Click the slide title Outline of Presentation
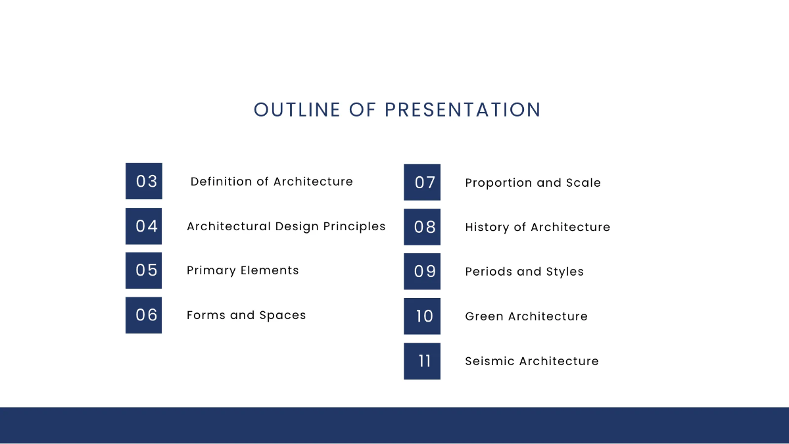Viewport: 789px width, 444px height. (x=397, y=110)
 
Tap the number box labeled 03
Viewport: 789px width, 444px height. (x=144, y=182)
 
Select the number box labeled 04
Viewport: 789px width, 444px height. (x=144, y=226)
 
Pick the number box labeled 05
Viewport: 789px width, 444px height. (x=144, y=270)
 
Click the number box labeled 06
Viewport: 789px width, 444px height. (x=144, y=315)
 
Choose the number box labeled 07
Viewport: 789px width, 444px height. (x=422, y=182)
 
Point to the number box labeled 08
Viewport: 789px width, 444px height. (x=422, y=227)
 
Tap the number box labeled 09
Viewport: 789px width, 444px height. (x=422, y=272)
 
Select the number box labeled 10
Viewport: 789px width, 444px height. (x=422, y=316)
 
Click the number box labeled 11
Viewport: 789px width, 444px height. (x=422, y=361)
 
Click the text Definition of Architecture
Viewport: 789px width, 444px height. (x=272, y=182)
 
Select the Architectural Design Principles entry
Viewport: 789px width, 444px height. (x=286, y=226)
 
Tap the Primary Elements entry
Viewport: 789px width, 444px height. (x=243, y=270)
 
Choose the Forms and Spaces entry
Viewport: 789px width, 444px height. (x=246, y=315)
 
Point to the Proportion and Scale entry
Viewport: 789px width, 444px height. (x=533, y=183)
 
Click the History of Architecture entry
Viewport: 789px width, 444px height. (x=537, y=227)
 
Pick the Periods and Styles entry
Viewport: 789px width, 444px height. (x=524, y=272)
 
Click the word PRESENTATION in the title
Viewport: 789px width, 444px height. (x=463, y=110)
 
